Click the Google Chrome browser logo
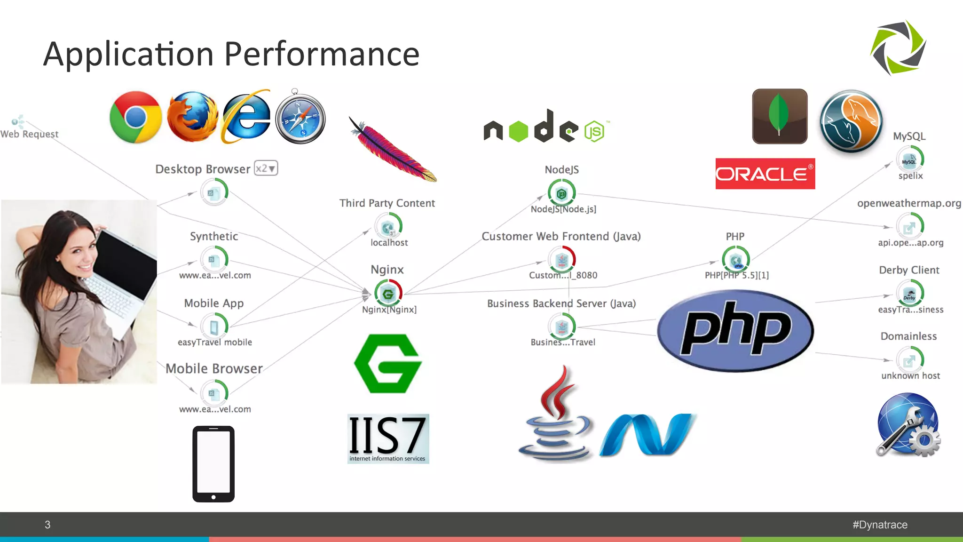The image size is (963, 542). click(135, 117)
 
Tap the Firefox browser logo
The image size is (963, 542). click(192, 117)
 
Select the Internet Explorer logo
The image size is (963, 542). click(246, 117)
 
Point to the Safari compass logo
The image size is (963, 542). click(300, 118)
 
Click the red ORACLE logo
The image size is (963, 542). click(765, 174)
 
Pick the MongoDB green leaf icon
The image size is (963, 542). click(780, 116)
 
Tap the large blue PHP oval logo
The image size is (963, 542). click(735, 330)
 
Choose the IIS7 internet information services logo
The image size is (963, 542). click(388, 438)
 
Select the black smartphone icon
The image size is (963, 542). click(213, 464)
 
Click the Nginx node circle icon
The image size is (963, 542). click(388, 294)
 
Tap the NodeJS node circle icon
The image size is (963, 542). click(561, 193)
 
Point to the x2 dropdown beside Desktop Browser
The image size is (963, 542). click(266, 168)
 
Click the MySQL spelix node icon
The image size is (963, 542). click(909, 160)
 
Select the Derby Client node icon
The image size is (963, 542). click(909, 294)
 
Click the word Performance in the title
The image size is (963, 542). click(322, 54)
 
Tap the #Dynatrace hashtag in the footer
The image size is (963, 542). click(880, 525)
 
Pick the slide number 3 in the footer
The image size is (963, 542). click(47, 525)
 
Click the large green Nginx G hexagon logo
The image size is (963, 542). click(388, 364)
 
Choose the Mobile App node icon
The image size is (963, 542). click(214, 327)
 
